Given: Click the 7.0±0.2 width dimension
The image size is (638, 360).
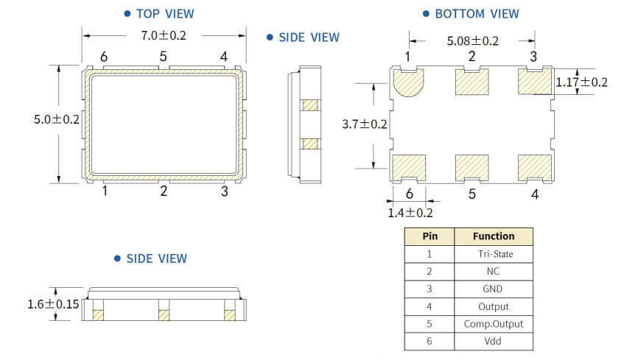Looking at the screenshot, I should [163, 35].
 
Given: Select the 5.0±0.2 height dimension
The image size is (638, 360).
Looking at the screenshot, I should [56, 119].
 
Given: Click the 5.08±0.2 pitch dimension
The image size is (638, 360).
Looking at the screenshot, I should [472, 41].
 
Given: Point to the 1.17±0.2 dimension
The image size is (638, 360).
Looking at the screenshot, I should [582, 82].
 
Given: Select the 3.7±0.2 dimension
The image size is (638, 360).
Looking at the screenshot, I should [365, 124].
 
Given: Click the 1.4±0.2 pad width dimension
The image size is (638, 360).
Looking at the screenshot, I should [410, 213].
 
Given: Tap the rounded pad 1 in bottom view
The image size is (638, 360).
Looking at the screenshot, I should [409, 82].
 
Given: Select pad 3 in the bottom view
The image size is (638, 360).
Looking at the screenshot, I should [536, 81].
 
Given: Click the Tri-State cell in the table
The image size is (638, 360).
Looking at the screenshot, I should [494, 254].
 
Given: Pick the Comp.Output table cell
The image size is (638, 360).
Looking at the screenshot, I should [494, 324].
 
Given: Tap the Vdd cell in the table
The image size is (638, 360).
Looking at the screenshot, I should [494, 342].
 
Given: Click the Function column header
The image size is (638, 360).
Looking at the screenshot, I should [494, 236].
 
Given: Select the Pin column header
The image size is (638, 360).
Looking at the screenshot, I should [429, 236].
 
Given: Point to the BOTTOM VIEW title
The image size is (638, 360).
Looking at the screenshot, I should [477, 14].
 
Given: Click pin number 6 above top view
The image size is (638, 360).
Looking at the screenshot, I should [104, 57].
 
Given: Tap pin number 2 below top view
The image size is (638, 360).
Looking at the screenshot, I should [164, 191].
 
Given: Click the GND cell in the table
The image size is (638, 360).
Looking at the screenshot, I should [494, 289].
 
